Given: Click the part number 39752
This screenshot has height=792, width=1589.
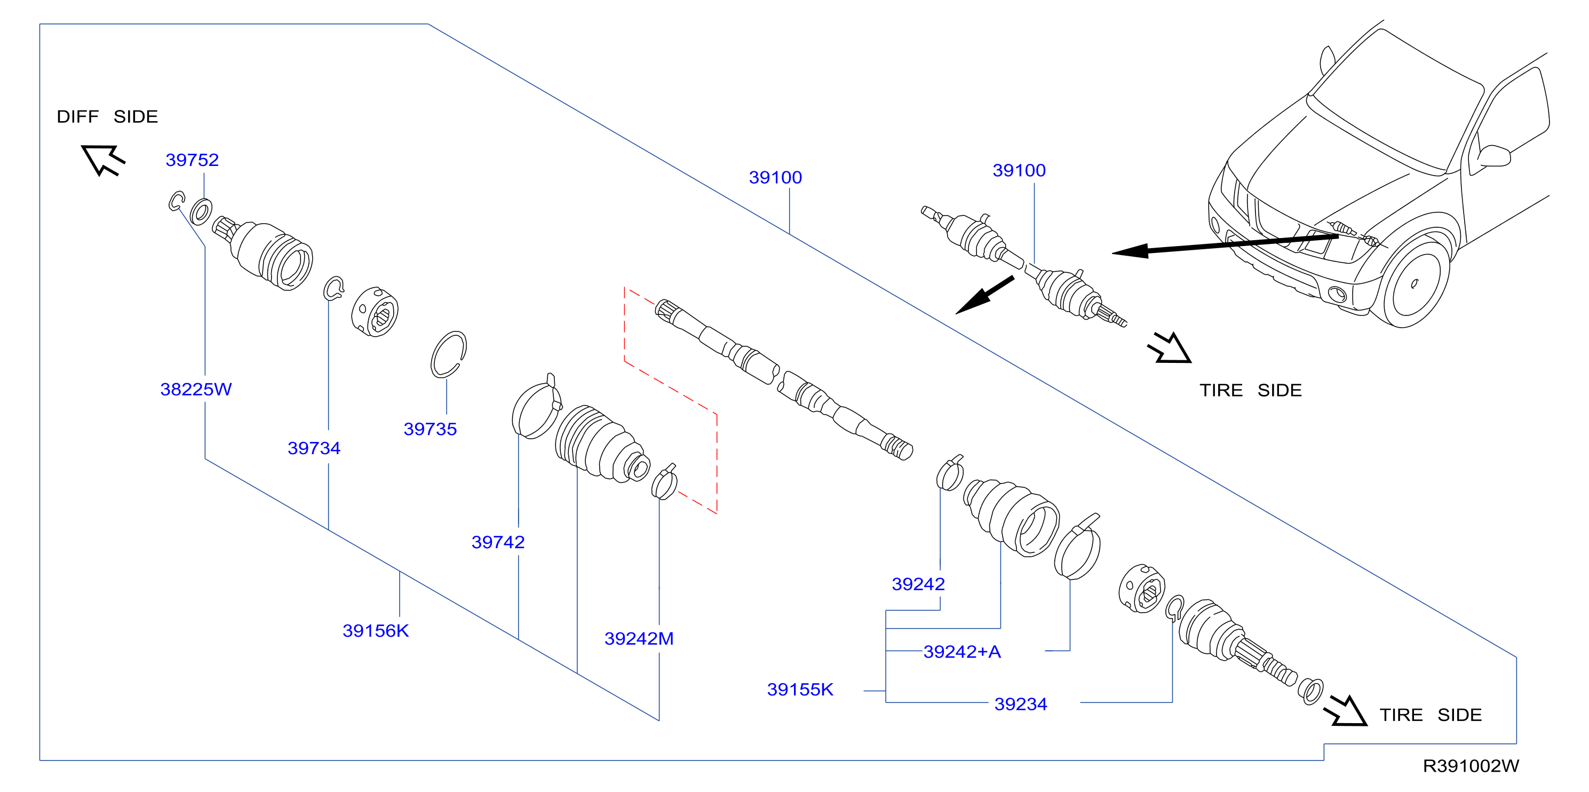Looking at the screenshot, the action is pos(192,160).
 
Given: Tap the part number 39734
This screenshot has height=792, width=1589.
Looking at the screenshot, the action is pos(314,448).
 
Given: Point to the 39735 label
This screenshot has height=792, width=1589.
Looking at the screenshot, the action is pos(430,429).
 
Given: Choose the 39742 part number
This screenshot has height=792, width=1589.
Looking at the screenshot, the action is pos(498,542).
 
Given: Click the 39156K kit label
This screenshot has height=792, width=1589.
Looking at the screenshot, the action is pos(376,630).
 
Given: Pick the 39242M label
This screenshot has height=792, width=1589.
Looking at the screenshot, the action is pos(639,638).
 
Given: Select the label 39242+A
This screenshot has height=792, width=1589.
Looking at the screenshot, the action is pos(962,651).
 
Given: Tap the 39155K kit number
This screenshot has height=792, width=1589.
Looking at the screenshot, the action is pos(800,689).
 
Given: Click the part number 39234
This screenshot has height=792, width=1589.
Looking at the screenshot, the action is pos(1020,704).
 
